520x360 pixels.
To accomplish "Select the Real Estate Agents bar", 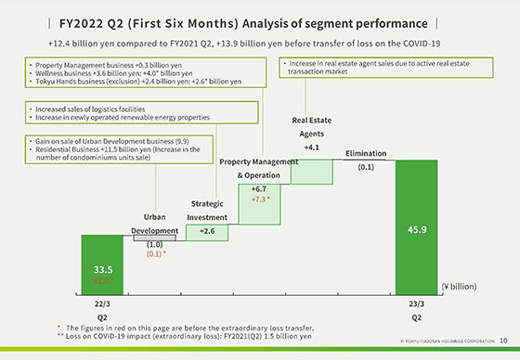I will click(312, 173).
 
